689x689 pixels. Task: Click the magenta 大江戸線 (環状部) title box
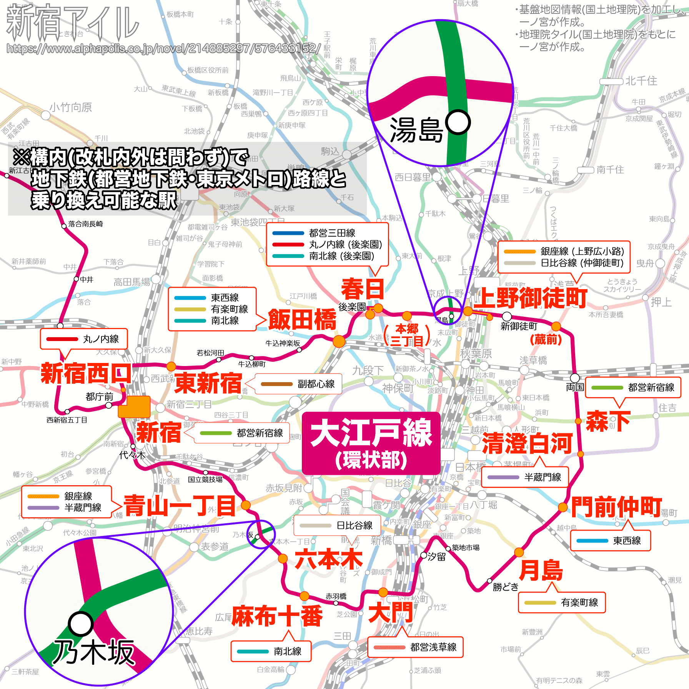(x=371, y=443)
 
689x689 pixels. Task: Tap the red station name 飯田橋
(x=302, y=320)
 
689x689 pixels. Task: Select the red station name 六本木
(x=329, y=559)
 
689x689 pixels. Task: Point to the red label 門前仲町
(x=616, y=507)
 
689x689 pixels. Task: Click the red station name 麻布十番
(x=277, y=616)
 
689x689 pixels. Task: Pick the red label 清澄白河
(x=527, y=443)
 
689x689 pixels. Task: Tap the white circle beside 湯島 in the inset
(x=458, y=123)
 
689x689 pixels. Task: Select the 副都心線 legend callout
(x=298, y=384)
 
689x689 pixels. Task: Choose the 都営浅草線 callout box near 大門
(x=415, y=647)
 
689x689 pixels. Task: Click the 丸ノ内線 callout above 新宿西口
(x=83, y=339)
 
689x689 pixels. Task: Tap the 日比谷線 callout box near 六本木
(x=337, y=525)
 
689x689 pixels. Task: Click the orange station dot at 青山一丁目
(x=246, y=505)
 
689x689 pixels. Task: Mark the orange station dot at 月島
(x=519, y=553)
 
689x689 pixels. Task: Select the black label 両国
(x=575, y=387)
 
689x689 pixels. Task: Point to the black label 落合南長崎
(x=85, y=224)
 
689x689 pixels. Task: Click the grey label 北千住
(x=641, y=81)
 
